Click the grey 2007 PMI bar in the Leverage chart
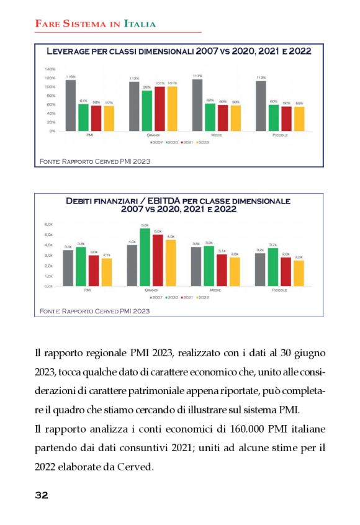pyautogui.click(x=71, y=105)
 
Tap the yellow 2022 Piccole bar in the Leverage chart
pyautogui.click(x=299, y=119)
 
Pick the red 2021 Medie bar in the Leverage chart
pyautogui.click(x=222, y=118)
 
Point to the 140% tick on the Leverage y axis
pyautogui.click(x=50, y=70)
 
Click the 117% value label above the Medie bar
pyautogui.click(x=197, y=76)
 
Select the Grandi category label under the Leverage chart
pyautogui.click(x=153, y=135)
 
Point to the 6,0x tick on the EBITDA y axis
pyautogui.click(x=49, y=224)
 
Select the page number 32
pyautogui.click(x=41, y=495)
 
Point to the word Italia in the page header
pyautogui.click(x=140, y=24)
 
